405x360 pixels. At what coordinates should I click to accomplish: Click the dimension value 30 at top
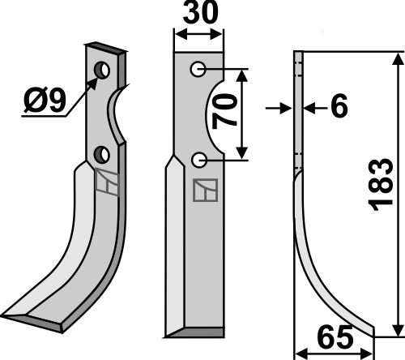pos(200,13)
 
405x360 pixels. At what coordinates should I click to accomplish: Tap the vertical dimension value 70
pos(224,111)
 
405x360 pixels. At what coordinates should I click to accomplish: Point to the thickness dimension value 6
pos(339,106)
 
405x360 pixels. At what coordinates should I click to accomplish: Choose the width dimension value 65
pos(335,337)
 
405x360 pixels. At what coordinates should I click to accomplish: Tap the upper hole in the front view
pos(198,69)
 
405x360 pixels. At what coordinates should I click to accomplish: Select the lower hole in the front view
pos(199,161)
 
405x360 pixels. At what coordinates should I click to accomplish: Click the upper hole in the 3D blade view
pos(102,70)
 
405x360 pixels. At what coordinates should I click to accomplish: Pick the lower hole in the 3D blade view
pos(101,155)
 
